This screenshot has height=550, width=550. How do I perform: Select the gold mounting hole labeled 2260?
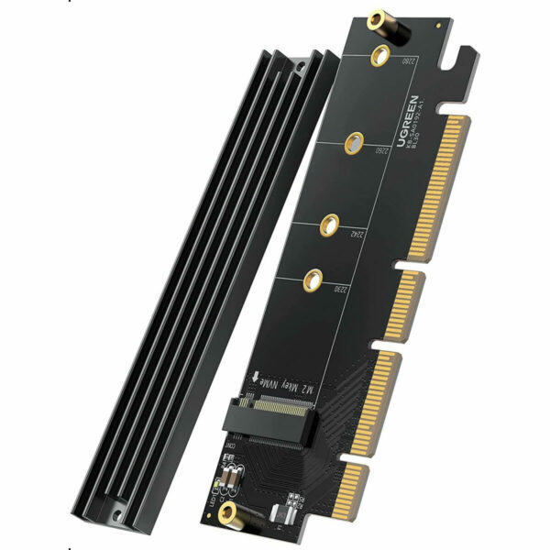[x=353, y=141]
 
